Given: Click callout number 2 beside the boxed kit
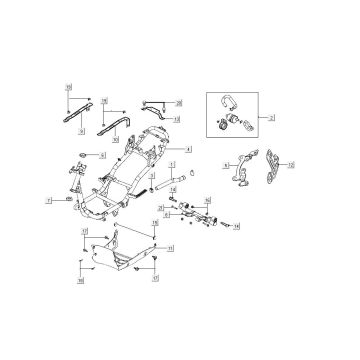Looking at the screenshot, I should [271, 117].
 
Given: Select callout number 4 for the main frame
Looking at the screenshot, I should [174, 147].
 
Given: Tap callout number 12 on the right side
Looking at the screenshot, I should [291, 163].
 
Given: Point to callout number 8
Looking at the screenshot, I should [225, 163].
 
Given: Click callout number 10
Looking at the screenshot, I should [114, 139].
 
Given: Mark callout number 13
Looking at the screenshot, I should [176, 119].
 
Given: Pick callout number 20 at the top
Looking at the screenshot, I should [179, 103].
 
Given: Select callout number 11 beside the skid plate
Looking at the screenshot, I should [170, 246].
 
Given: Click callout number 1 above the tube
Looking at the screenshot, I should [172, 162].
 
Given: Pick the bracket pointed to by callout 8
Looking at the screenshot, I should [240, 172].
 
